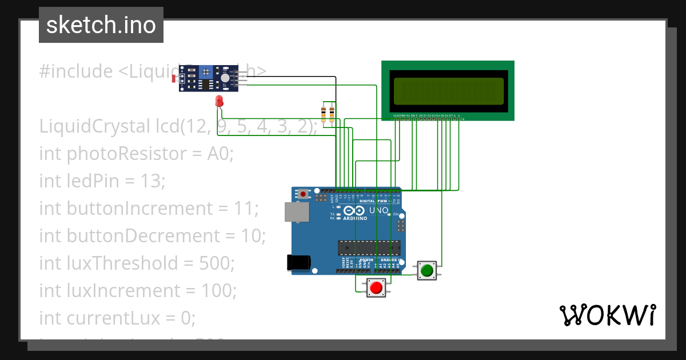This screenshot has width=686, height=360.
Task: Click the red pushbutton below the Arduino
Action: tap(376, 287)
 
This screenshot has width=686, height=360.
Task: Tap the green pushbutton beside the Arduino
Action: tap(426, 270)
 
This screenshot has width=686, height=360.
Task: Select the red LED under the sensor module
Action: tap(219, 102)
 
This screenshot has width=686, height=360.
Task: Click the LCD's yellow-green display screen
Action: tap(448, 91)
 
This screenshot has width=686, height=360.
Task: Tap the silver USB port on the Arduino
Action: tap(294, 211)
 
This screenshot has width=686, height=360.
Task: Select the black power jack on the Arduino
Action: tap(298, 262)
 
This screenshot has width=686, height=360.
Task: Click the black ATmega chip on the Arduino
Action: tap(369, 247)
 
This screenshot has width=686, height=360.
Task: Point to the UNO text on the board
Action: tap(379, 210)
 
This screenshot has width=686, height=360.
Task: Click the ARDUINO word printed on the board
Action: tap(354, 218)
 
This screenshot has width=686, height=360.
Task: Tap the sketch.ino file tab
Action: tap(101, 25)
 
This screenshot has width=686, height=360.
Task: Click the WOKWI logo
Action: tap(607, 315)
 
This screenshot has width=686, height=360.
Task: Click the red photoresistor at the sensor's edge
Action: tap(174, 78)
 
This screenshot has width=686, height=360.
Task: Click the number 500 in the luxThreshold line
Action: tap(216, 263)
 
